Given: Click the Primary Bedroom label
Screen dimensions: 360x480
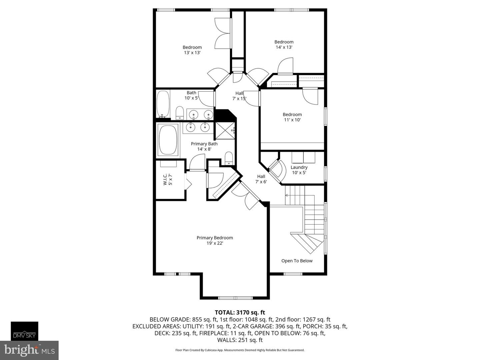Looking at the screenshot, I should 215,238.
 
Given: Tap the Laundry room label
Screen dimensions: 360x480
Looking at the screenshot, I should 299,167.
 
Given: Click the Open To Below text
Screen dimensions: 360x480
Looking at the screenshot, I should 297,261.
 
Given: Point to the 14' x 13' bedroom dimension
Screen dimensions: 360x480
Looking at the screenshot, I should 284,47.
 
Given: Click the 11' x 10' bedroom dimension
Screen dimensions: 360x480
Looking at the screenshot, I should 292,120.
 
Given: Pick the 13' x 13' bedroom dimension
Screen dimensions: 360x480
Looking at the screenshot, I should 192,53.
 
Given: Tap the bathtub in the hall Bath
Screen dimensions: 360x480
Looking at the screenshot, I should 163,104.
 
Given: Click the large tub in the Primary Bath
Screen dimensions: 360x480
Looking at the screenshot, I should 168,140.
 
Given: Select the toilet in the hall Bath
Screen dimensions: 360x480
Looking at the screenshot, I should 180,113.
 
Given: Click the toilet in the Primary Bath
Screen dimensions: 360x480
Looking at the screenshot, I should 229,158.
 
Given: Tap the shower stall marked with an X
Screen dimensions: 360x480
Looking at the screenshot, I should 225,131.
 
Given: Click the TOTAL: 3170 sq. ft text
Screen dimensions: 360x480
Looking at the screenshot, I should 240,312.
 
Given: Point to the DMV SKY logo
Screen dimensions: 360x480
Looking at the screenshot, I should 25,331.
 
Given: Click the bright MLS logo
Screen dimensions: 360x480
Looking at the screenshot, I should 29,350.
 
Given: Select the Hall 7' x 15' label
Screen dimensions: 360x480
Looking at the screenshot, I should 239,96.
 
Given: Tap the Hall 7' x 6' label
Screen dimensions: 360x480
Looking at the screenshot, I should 261,179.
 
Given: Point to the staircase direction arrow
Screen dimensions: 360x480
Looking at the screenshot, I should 287,195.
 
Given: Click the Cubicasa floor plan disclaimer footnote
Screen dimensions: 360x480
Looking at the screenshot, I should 240,350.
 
